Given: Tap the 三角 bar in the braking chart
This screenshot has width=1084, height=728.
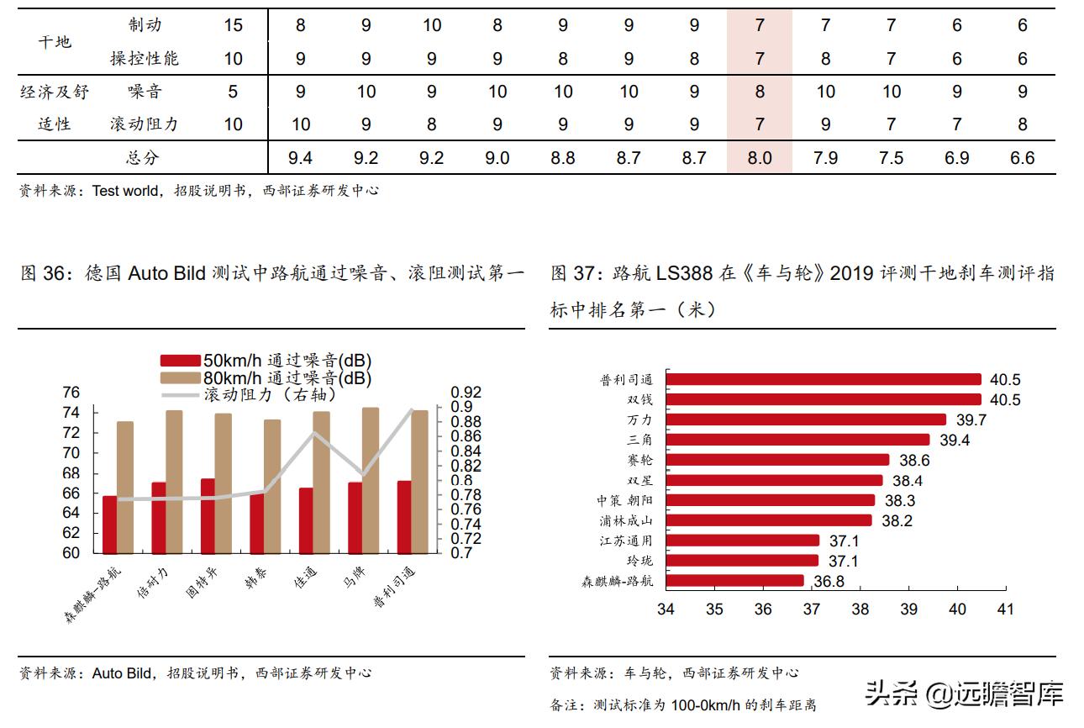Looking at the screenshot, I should (x=797, y=440).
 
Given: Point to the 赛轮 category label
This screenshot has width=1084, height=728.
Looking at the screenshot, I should (x=639, y=460).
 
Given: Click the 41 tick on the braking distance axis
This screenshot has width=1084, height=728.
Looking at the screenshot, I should (x=1005, y=609).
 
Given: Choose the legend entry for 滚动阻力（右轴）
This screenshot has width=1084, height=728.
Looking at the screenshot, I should (x=269, y=394).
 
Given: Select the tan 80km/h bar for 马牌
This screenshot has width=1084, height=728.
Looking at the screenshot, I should (x=371, y=480).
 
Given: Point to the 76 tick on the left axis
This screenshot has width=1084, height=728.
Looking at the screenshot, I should (x=71, y=393).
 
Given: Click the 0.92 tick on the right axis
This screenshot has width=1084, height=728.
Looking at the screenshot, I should (x=466, y=393).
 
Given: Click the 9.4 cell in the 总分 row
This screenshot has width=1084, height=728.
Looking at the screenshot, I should (x=300, y=157).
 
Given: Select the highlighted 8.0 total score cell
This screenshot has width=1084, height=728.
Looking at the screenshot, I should (x=760, y=157).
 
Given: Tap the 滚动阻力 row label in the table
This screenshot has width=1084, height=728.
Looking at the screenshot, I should (x=144, y=124).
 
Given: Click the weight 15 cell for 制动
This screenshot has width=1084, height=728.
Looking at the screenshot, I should (x=233, y=25).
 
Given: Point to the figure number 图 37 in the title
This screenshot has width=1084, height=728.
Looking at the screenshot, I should (x=571, y=273).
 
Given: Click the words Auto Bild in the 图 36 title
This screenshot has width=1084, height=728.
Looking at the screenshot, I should (x=166, y=273).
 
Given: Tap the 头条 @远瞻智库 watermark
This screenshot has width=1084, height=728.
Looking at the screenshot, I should (x=964, y=694).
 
